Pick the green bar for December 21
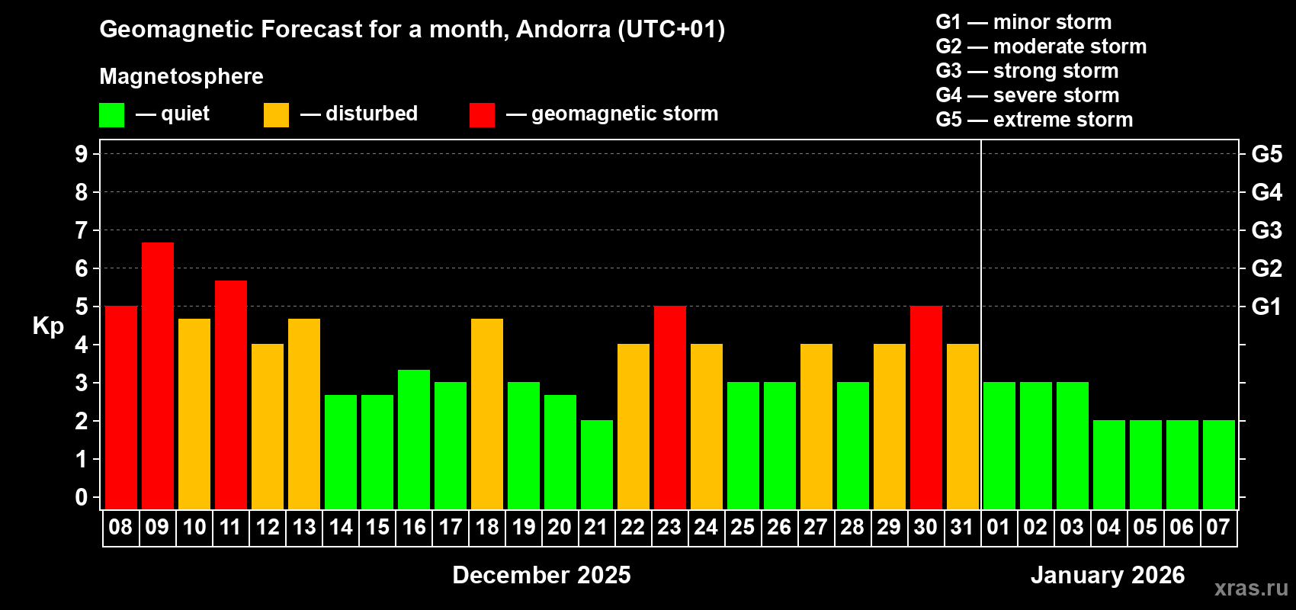pos(597,464)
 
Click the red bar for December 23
pos(670,407)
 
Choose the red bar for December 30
pos(926,407)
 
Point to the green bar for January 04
pos(1109,464)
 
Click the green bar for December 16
pos(414,438)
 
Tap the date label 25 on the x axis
pos(743,528)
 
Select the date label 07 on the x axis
pos(1218,528)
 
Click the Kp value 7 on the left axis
pos(82,230)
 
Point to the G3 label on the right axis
pos(1266,230)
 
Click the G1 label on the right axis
pos(1266,307)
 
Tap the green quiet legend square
pos(112,115)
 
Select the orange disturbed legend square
pos(276,115)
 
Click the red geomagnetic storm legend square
pos(482,115)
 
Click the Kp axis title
pos(48,326)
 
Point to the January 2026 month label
pos(1108,575)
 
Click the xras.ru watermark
pos(1251,588)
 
